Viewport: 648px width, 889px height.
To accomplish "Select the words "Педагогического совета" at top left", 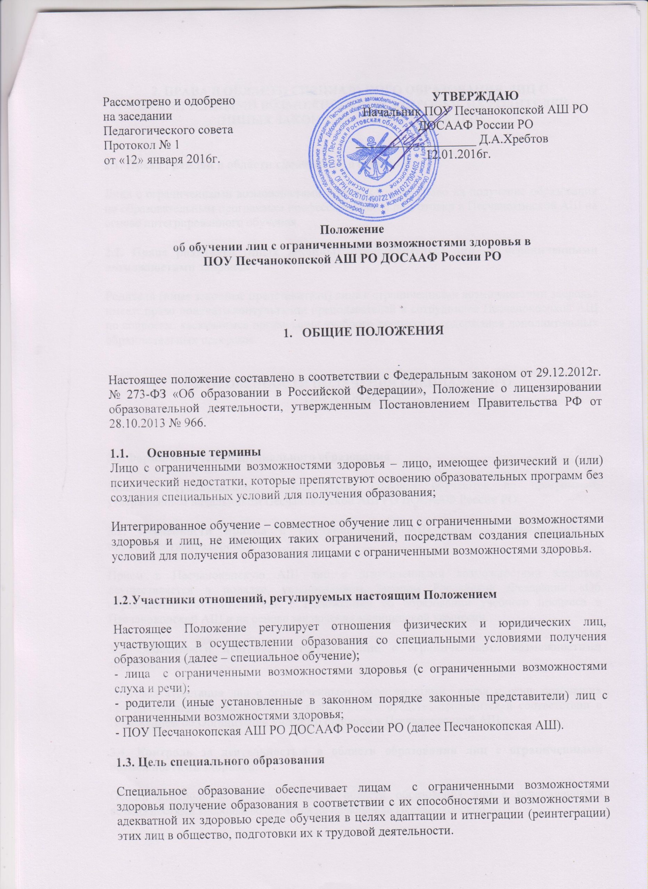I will (168, 131).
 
